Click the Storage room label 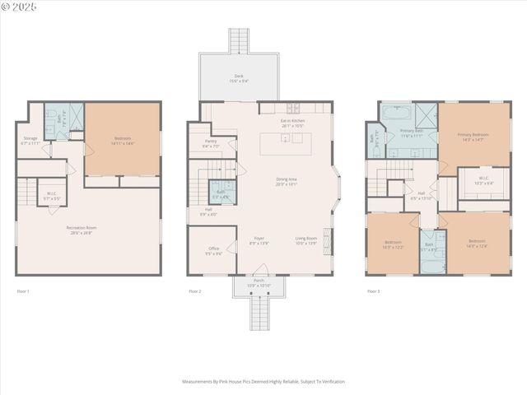30,140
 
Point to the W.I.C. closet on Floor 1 51,196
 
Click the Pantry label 211,143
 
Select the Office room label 213,250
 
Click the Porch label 259,283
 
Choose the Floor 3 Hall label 422,196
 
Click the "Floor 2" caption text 194,291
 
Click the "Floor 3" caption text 374,291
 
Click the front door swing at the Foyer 260,270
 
